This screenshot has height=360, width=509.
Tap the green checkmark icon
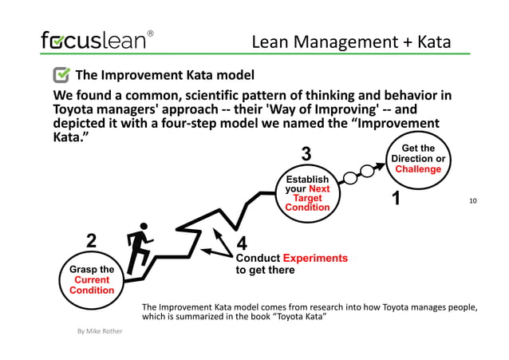click(x=61, y=76)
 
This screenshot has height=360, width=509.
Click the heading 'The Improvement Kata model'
click(x=164, y=76)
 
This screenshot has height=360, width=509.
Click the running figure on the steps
click(x=141, y=244)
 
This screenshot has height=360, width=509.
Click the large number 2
click(x=92, y=241)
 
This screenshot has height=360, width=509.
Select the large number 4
click(x=241, y=243)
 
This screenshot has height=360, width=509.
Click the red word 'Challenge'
click(x=418, y=169)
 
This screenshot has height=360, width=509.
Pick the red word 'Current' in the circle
click(x=92, y=280)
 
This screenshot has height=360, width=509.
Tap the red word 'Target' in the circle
click(x=307, y=197)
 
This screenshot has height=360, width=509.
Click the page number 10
click(x=473, y=201)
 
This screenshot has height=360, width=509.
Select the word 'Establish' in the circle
click(x=307, y=179)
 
